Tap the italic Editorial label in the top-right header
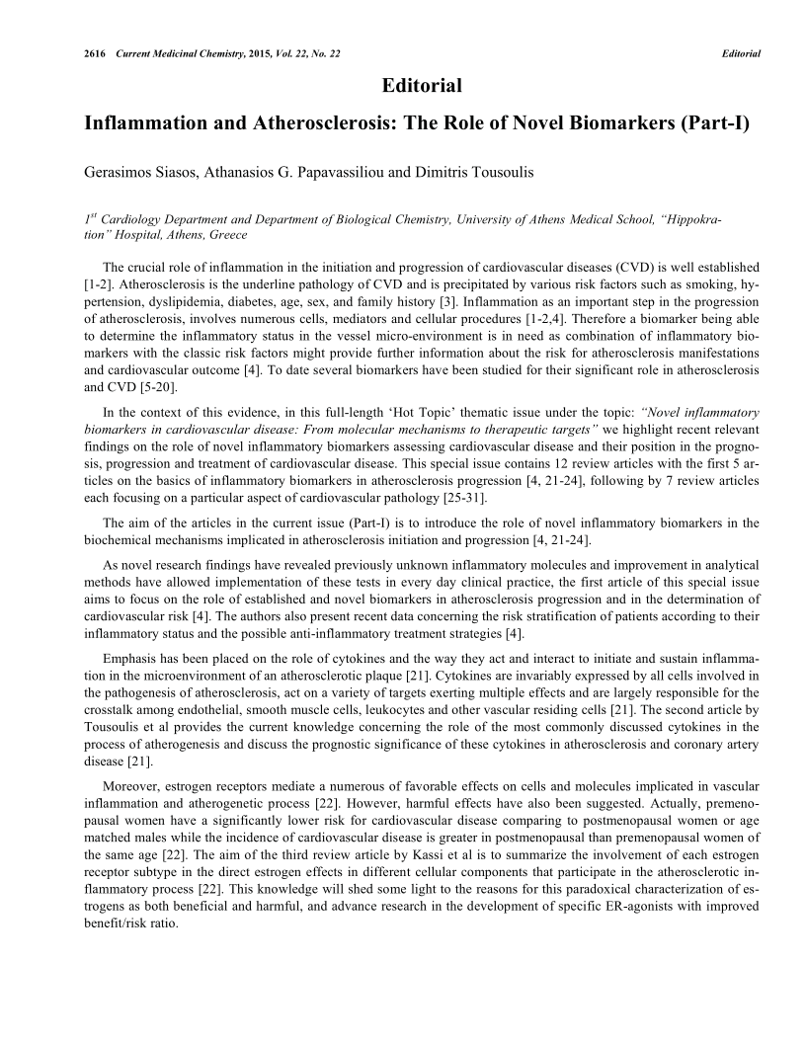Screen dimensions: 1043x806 tap(741, 53)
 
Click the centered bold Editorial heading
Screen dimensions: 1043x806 tap(422, 86)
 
